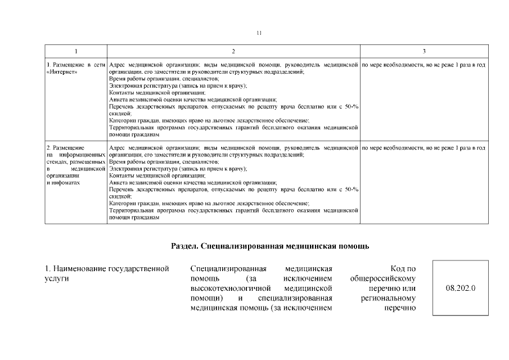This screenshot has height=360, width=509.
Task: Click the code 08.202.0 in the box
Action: tap(461, 288)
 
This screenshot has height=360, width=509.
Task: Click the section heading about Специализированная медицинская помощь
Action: tap(270, 246)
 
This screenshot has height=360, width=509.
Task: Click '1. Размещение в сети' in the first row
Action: tap(76, 66)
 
